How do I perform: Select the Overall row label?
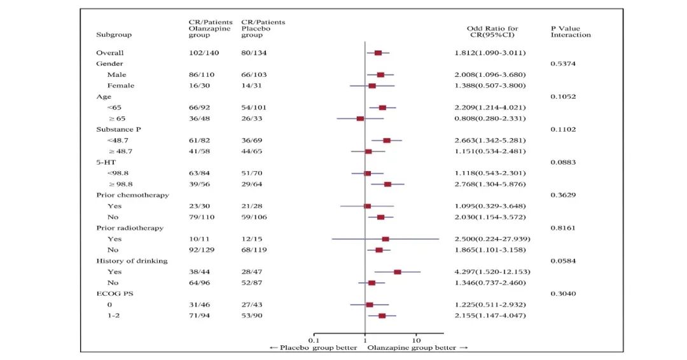[x=109, y=53]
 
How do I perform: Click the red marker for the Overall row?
[x=378, y=53]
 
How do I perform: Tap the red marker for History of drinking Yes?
[x=398, y=272]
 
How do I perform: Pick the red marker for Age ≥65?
[x=360, y=118]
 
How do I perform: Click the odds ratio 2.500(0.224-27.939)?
[x=489, y=239]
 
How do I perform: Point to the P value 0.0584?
[x=563, y=261]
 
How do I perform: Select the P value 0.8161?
[x=563, y=228]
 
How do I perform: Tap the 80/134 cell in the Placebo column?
[x=253, y=53]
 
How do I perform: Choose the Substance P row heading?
[x=118, y=129]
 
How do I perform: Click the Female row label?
[x=120, y=85]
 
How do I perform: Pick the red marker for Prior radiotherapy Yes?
[x=385, y=239]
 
